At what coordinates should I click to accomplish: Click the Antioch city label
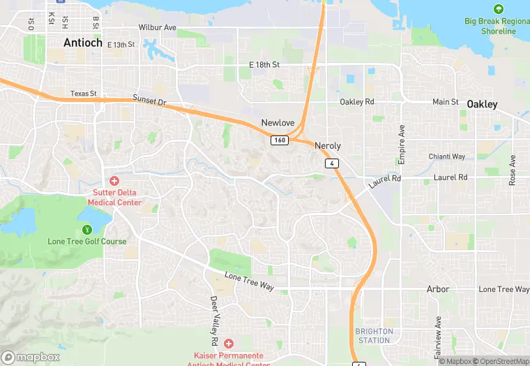coord(83,43)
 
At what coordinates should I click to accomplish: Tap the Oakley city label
coord(482,104)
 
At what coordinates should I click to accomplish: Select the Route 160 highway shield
coord(279,140)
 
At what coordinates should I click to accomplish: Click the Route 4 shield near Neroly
coord(332,163)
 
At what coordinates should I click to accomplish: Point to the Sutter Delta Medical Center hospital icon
coord(114,180)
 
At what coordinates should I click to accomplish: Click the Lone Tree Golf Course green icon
coord(87,229)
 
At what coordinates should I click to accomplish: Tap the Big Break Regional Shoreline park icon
coord(498,9)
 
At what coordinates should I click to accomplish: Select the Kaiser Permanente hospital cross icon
coord(229,344)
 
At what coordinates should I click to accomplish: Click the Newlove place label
coord(278,123)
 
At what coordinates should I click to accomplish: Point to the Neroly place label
coord(328,146)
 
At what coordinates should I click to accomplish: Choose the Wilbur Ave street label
coord(158,27)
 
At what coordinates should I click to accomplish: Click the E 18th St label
coord(264,65)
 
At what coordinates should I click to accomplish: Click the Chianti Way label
coord(447,156)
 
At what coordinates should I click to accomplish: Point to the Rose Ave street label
coord(513,170)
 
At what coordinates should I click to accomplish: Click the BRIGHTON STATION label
coord(374,336)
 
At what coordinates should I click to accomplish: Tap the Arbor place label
coord(438,289)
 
